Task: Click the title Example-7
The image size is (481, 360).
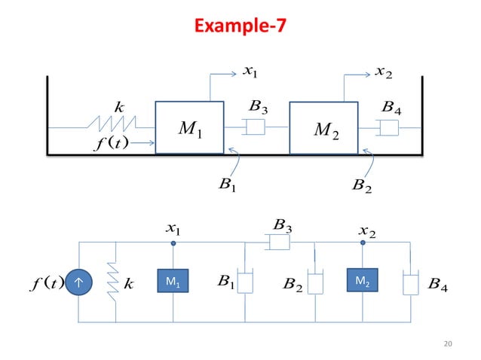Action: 240,27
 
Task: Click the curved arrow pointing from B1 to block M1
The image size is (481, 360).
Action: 234,161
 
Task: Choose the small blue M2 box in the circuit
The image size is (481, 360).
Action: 362,282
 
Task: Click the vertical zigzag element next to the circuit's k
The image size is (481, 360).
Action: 115,282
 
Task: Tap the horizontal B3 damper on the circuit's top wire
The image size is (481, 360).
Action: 280,243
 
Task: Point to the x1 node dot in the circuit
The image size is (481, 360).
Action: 174,243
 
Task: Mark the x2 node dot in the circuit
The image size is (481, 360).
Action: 363,243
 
